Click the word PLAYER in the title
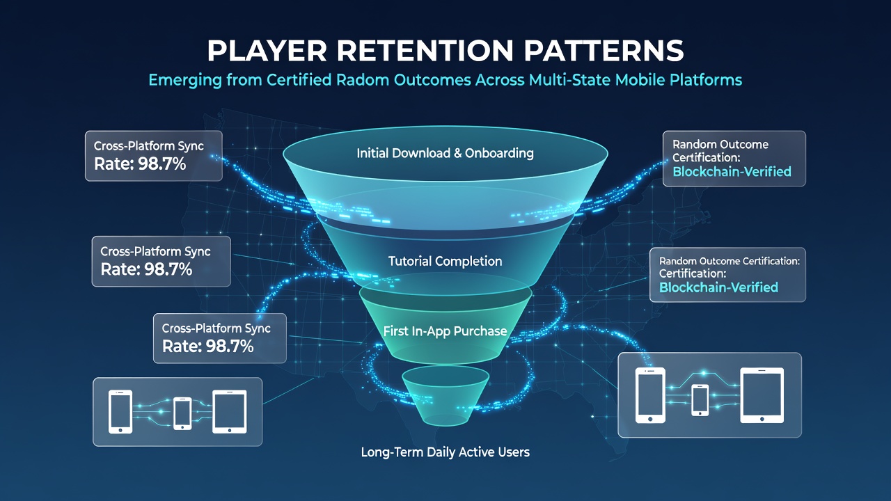pyautogui.click(x=267, y=51)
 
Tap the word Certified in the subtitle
pyautogui.click(x=299, y=80)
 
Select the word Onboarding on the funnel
pyautogui.click(x=499, y=154)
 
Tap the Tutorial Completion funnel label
pyautogui.click(x=445, y=261)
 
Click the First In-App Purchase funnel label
pyautogui.click(x=445, y=331)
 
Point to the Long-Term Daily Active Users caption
pyautogui.click(x=445, y=452)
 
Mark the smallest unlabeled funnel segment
pyautogui.click(x=445, y=397)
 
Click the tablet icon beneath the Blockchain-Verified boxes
pyautogui.click(x=762, y=395)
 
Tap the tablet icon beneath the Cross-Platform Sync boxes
pyautogui.click(x=230, y=411)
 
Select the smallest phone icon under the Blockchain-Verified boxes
pyautogui.click(x=700, y=400)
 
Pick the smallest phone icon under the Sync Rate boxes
pyautogui.click(x=182, y=413)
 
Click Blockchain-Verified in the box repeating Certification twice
pyautogui.click(x=718, y=287)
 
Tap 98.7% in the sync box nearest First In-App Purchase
pyautogui.click(x=230, y=347)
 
